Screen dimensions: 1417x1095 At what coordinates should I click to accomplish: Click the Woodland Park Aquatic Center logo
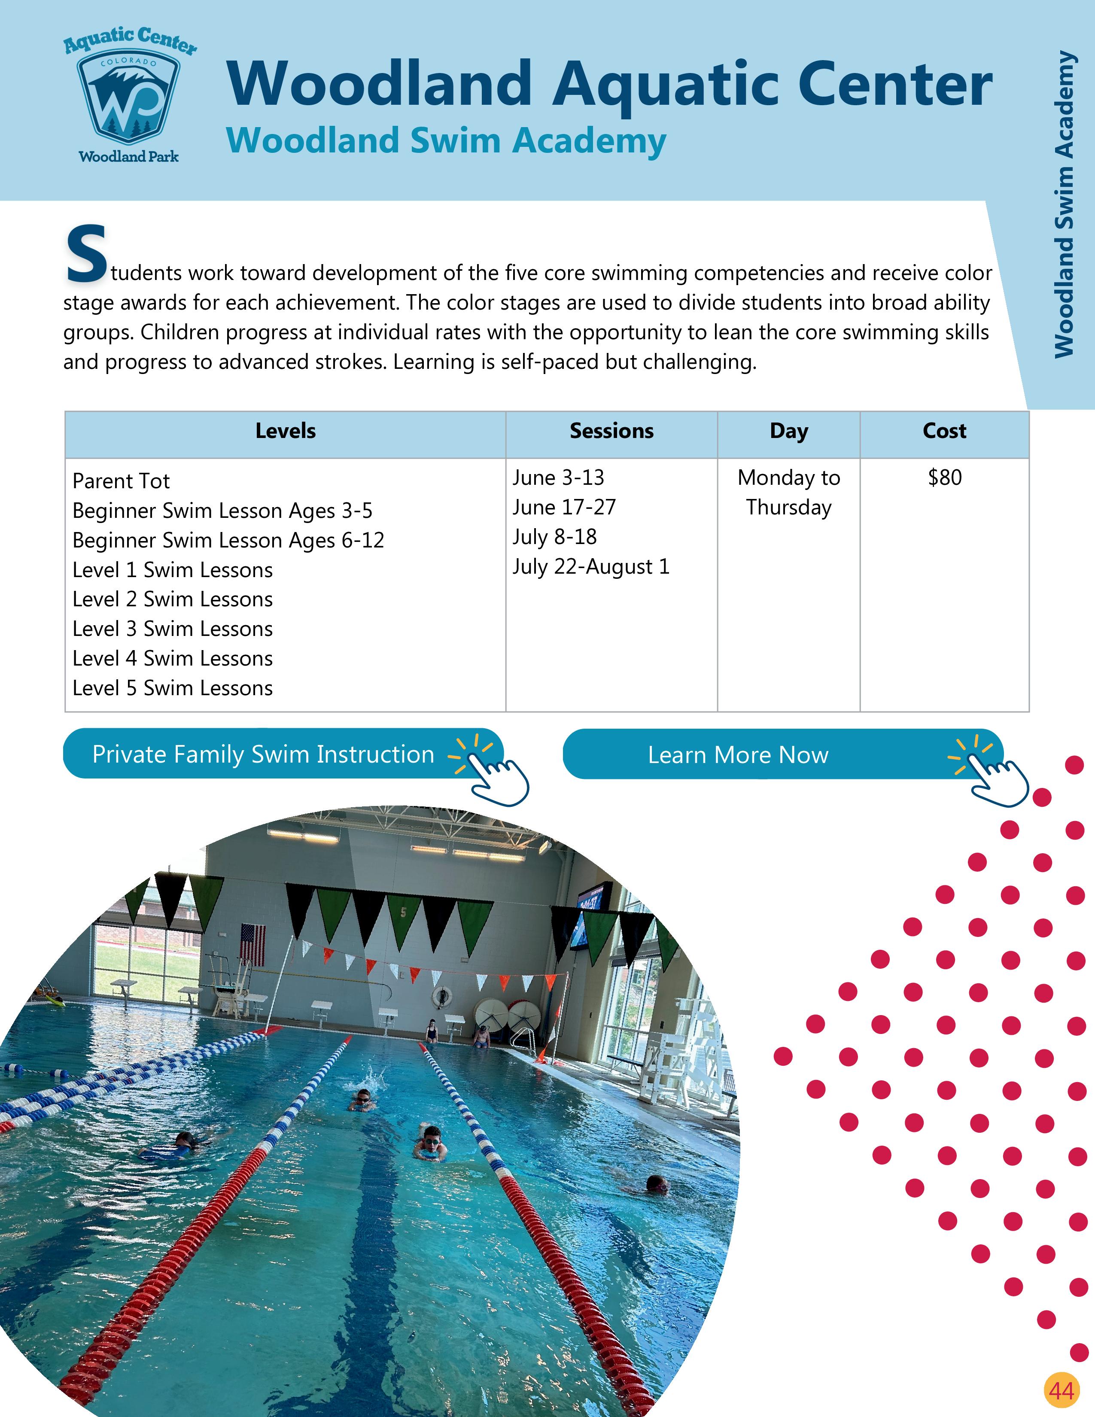coord(129,95)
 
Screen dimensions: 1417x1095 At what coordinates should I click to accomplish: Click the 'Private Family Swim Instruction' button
coord(263,754)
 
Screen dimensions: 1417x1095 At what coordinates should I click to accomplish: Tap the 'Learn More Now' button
coord(738,754)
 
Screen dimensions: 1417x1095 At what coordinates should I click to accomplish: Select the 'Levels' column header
coord(286,431)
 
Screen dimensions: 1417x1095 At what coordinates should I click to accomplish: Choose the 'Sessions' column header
coord(611,431)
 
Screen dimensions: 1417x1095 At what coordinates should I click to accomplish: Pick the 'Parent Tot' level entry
coord(121,481)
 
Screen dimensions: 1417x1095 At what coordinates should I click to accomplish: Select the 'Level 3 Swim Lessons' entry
coord(173,629)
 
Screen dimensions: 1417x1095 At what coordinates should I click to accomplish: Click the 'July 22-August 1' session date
coord(590,566)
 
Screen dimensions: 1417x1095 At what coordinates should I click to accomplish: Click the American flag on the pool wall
coord(253,944)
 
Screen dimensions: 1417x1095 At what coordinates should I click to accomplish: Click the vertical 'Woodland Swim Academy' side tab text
coord(1063,204)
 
